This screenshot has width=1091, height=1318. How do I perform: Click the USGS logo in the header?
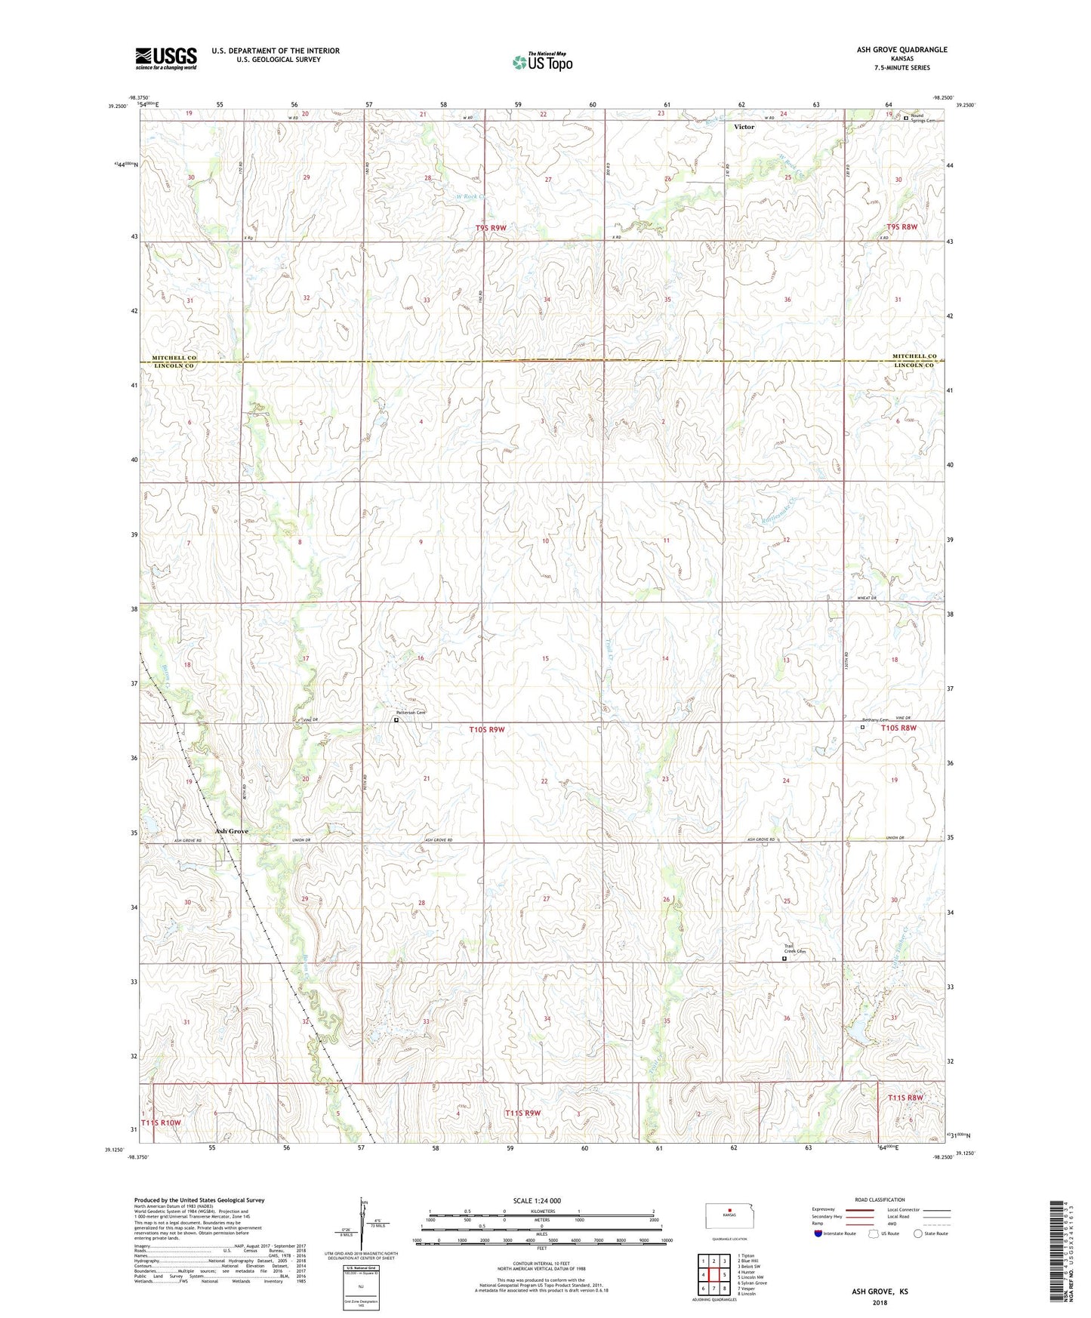tap(166, 57)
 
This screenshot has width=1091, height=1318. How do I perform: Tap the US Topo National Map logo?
tap(542, 61)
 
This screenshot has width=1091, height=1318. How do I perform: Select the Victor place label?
tap(744, 127)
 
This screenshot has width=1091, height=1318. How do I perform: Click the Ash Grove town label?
tap(231, 831)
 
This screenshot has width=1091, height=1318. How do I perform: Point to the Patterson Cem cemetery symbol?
tap(396, 720)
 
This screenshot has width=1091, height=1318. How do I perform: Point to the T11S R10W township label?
tap(161, 1122)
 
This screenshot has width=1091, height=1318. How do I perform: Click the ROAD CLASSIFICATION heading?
tap(880, 1199)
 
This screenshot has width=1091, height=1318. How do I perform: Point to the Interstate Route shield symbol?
tap(818, 1233)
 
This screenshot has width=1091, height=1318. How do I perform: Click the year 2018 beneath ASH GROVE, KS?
tap(880, 1302)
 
